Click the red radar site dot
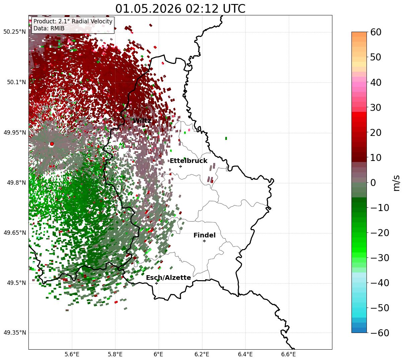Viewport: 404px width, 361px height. (52, 144)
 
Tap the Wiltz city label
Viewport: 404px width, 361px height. (142, 121)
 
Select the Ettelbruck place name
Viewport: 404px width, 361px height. (188, 161)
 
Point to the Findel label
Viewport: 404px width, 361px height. (205, 235)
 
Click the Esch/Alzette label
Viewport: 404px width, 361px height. (168, 278)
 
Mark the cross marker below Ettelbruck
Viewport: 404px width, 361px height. (180, 166)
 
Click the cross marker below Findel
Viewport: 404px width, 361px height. (204, 241)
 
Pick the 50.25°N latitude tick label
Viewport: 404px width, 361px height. (14, 32)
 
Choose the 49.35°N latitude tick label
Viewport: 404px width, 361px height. (14, 333)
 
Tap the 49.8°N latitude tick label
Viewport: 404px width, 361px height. (16, 183)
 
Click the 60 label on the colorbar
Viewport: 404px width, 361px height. (376, 32)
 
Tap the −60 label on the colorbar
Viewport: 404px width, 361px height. (380, 333)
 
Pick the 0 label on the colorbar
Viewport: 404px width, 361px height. (373, 183)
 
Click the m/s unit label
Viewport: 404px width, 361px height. (396, 183)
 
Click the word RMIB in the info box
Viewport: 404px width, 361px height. (58, 28)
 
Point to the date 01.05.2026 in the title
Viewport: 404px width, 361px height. (148, 9)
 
